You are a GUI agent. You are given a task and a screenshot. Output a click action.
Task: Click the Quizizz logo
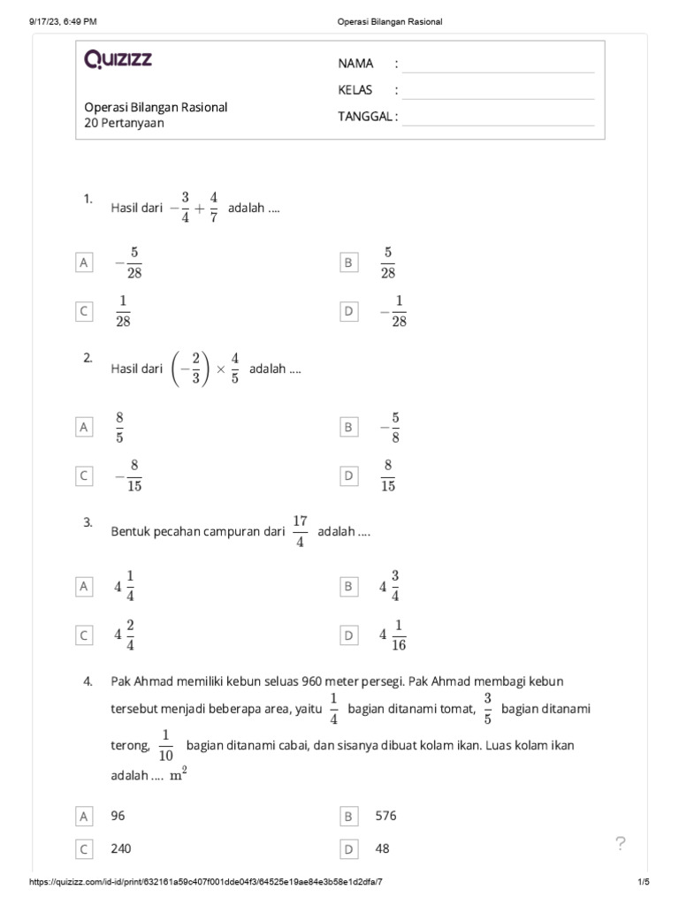(x=118, y=59)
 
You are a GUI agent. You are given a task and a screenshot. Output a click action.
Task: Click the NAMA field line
(x=498, y=65)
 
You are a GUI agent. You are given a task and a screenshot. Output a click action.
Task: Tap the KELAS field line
(x=498, y=91)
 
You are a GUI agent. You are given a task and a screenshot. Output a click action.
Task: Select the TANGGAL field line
(x=498, y=118)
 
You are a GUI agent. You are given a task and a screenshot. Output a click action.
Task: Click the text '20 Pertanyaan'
(x=124, y=123)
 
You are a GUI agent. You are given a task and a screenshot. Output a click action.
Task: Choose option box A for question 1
(x=85, y=262)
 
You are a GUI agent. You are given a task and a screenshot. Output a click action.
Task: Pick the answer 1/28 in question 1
(x=123, y=311)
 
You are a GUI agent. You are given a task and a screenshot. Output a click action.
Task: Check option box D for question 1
(x=349, y=311)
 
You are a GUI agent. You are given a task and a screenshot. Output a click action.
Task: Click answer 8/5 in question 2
(x=119, y=427)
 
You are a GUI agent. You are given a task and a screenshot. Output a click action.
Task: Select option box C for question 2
(x=85, y=476)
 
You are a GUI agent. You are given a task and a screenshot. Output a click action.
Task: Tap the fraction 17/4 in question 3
(x=300, y=531)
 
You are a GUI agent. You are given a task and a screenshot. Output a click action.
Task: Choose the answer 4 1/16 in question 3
(x=393, y=635)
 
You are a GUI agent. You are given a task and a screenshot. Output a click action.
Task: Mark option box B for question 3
(x=349, y=586)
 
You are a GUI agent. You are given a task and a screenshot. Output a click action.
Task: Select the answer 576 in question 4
(x=386, y=816)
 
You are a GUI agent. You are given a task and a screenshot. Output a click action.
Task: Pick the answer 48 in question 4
(x=382, y=848)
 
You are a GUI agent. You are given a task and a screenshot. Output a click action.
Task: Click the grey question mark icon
(x=621, y=843)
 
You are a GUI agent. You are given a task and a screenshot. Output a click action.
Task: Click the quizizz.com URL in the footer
(x=207, y=883)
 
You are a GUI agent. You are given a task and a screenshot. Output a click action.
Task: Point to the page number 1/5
(x=643, y=883)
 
